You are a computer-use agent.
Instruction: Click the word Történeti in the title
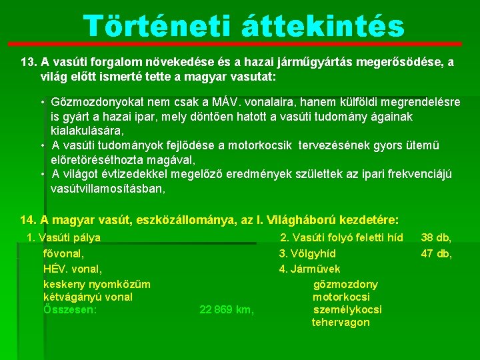pyautogui.click(x=159, y=27)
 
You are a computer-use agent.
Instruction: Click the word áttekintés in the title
pyautogui.click(x=321, y=27)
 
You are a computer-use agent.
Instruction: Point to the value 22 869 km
pyautogui.click(x=227, y=309)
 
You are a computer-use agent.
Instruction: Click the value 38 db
pyautogui.click(x=437, y=237)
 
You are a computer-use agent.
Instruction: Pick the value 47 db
pyautogui.click(x=437, y=253)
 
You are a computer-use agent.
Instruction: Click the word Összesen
pyautogui.click(x=70, y=309)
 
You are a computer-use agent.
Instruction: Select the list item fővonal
pyautogui.click(x=63, y=253)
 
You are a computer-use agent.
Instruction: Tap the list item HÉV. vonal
pyautogui.click(x=72, y=269)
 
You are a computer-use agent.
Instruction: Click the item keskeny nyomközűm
pyautogui.click(x=96, y=284)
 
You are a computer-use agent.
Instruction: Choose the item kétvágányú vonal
pyautogui.click(x=87, y=297)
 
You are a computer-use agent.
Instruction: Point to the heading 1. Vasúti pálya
pyautogui.click(x=63, y=237)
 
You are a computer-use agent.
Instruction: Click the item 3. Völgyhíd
pyautogui.click(x=307, y=253)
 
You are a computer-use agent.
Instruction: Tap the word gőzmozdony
pyautogui.click(x=345, y=284)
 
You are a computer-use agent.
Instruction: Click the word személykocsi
pyautogui.click(x=347, y=309)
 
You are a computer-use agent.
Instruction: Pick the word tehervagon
pyautogui.click(x=341, y=323)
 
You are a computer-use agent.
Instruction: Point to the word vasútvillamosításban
pyautogui.click(x=108, y=189)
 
